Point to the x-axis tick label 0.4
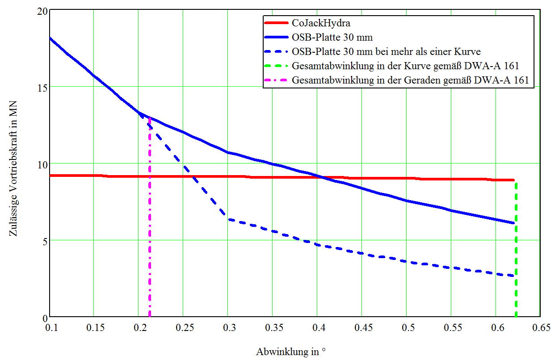(318, 329)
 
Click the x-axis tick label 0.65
(541, 329)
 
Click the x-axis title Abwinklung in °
(291, 352)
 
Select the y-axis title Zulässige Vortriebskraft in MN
(13, 164)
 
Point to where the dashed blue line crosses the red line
(193, 176)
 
